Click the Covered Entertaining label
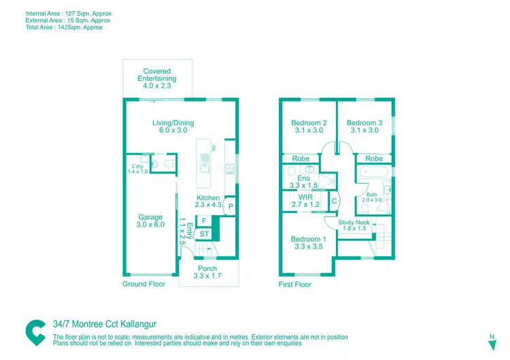pos(157,79)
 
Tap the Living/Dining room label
pos(173,127)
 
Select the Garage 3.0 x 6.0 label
pos(151,221)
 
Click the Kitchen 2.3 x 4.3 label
pos(209,202)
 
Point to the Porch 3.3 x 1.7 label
pos(207,273)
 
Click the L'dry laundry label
pos(137,168)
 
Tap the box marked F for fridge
pos(204,221)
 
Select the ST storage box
pos(204,234)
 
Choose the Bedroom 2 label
pos(309,127)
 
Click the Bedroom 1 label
pos(309,243)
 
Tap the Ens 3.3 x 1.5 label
pos(304,182)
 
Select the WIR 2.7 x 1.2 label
pos(305,200)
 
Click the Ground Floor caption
pos(143,284)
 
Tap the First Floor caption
pos(295,284)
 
